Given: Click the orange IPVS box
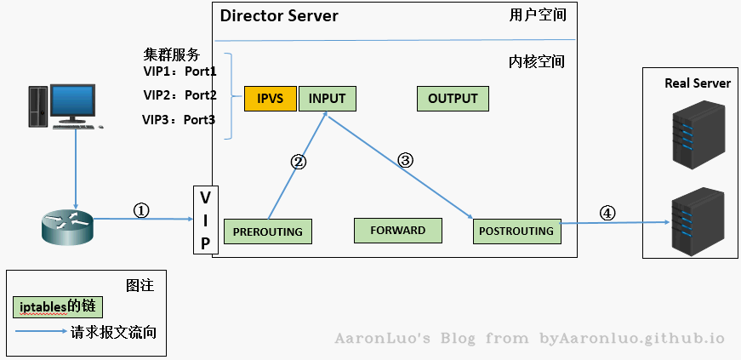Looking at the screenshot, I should point(270,99).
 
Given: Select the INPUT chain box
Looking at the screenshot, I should point(327,99).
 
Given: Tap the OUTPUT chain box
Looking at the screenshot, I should point(453,99).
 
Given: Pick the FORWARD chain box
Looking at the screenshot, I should point(398,230).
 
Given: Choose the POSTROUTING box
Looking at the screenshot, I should point(516,231).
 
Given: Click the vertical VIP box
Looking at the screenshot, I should point(205,220).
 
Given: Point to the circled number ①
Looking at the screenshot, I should point(142,209).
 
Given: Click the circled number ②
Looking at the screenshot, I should point(299,161).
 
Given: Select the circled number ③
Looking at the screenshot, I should point(405,159).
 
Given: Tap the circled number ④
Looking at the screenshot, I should point(607,213).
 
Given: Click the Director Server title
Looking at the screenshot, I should point(279,16).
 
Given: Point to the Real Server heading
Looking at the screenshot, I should point(698,83).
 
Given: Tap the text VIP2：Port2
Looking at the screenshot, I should point(180,95).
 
